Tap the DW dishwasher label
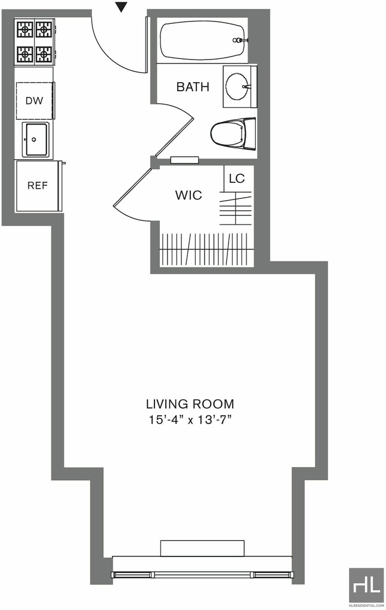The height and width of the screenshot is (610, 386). pyautogui.click(x=34, y=101)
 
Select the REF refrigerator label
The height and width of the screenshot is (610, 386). pyautogui.click(x=38, y=186)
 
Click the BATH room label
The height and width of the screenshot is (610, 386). pyautogui.click(x=193, y=87)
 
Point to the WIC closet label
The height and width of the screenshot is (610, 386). pyautogui.click(x=189, y=195)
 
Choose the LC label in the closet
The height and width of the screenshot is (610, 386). pyautogui.click(x=237, y=179)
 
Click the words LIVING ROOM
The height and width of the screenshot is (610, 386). pyautogui.click(x=190, y=404)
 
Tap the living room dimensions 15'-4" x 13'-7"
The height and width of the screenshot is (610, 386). pyautogui.click(x=190, y=420)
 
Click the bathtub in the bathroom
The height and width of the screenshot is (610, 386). pyautogui.click(x=203, y=41)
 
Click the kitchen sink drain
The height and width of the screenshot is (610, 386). pyautogui.click(x=34, y=139)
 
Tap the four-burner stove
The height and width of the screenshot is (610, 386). pyautogui.click(x=35, y=42)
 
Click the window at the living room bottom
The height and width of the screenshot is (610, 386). pyautogui.click(x=202, y=575)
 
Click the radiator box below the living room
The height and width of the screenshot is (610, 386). pyautogui.click(x=202, y=548)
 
